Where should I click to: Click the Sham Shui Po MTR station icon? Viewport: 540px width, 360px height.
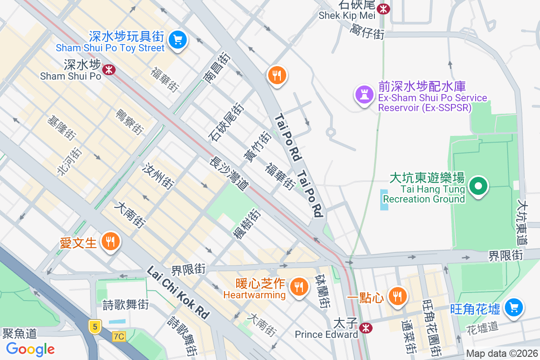tap(108, 70)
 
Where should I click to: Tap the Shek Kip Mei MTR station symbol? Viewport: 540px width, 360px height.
tap(383, 9)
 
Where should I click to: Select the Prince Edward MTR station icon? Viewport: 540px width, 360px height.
tap(366, 328)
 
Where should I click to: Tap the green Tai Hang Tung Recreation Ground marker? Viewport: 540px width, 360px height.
tap(479, 186)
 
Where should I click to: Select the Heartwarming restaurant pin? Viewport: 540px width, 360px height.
tap(297, 286)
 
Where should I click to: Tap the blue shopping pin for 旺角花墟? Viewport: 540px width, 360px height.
tap(514, 308)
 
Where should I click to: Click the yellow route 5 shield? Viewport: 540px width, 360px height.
tap(94, 326)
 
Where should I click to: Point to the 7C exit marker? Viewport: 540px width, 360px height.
tap(119, 336)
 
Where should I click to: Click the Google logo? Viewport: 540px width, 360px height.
tap(30, 349)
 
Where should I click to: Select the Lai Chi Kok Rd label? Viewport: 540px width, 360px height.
tap(179, 292)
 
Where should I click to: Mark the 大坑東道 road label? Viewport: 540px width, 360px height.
tap(522, 222)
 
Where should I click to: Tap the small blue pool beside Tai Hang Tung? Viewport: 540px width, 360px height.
tap(384, 200)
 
